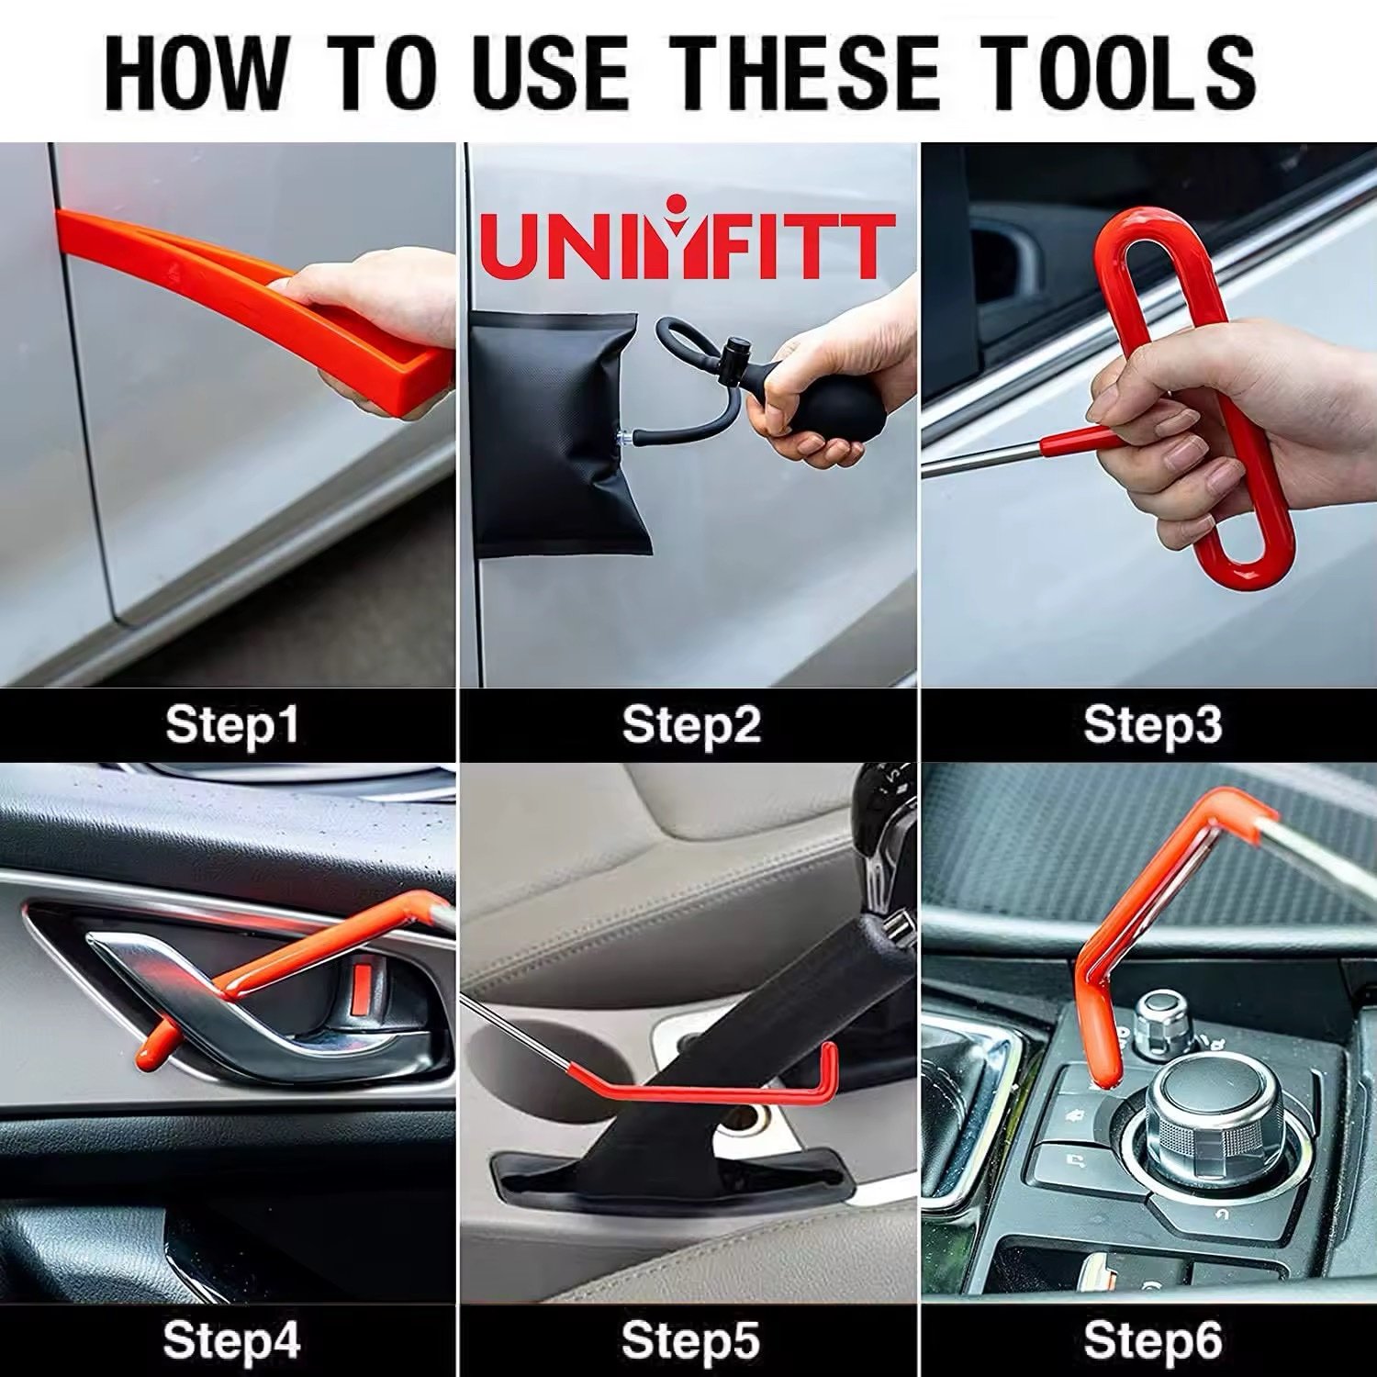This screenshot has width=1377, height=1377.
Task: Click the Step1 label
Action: point(232,725)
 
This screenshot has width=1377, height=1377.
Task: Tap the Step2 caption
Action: point(691,725)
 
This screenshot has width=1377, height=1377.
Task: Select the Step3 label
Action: point(1152,725)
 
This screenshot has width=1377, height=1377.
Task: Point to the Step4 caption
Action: point(232,1341)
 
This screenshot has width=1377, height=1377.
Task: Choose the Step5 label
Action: point(691,1341)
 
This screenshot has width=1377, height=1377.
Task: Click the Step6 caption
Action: point(1152,1341)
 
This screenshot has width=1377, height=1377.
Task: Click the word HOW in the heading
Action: point(196,72)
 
